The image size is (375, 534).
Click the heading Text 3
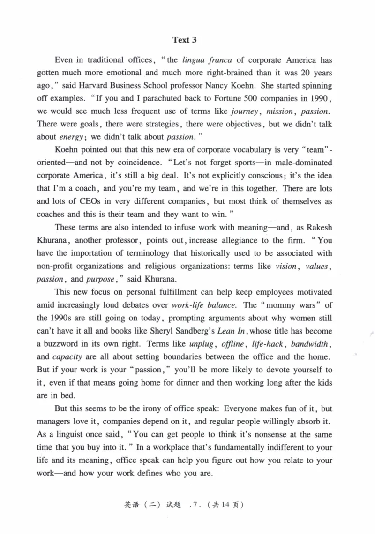[184, 40]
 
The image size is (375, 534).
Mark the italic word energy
[69, 138]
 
